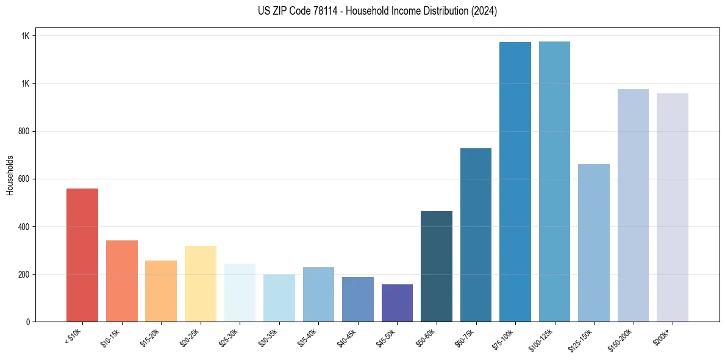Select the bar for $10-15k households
[x=121, y=281]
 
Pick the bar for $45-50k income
[x=397, y=303]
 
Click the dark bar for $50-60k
[x=437, y=266]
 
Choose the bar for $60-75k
[x=476, y=235]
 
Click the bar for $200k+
[x=673, y=207]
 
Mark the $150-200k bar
[x=633, y=205]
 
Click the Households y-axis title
[x=10, y=175]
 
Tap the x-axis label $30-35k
[x=269, y=337]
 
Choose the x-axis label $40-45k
[x=348, y=337]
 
